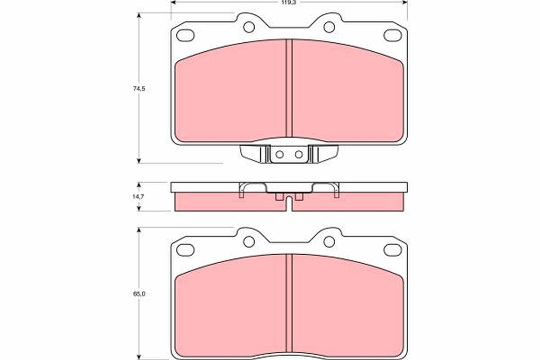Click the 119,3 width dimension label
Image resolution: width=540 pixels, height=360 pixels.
tap(289, 2)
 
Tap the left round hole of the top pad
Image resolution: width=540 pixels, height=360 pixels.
tap(249, 27)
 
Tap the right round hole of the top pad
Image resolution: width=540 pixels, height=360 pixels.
tap(329, 27)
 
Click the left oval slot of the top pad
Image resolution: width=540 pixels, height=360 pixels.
tap(185, 35)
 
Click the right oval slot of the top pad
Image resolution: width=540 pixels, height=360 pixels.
tap(392, 35)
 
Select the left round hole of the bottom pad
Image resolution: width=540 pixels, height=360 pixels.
tap(249, 242)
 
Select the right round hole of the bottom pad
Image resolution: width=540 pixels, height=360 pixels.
tap(329, 242)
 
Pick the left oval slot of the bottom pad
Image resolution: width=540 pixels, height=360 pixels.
tap(185, 249)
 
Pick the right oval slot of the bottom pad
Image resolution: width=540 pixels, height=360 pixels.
tap(392, 249)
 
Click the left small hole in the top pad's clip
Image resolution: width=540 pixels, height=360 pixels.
tap(279, 154)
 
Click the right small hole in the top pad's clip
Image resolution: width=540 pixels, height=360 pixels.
tap(299, 154)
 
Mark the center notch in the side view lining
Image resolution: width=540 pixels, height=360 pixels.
tap(289, 205)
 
